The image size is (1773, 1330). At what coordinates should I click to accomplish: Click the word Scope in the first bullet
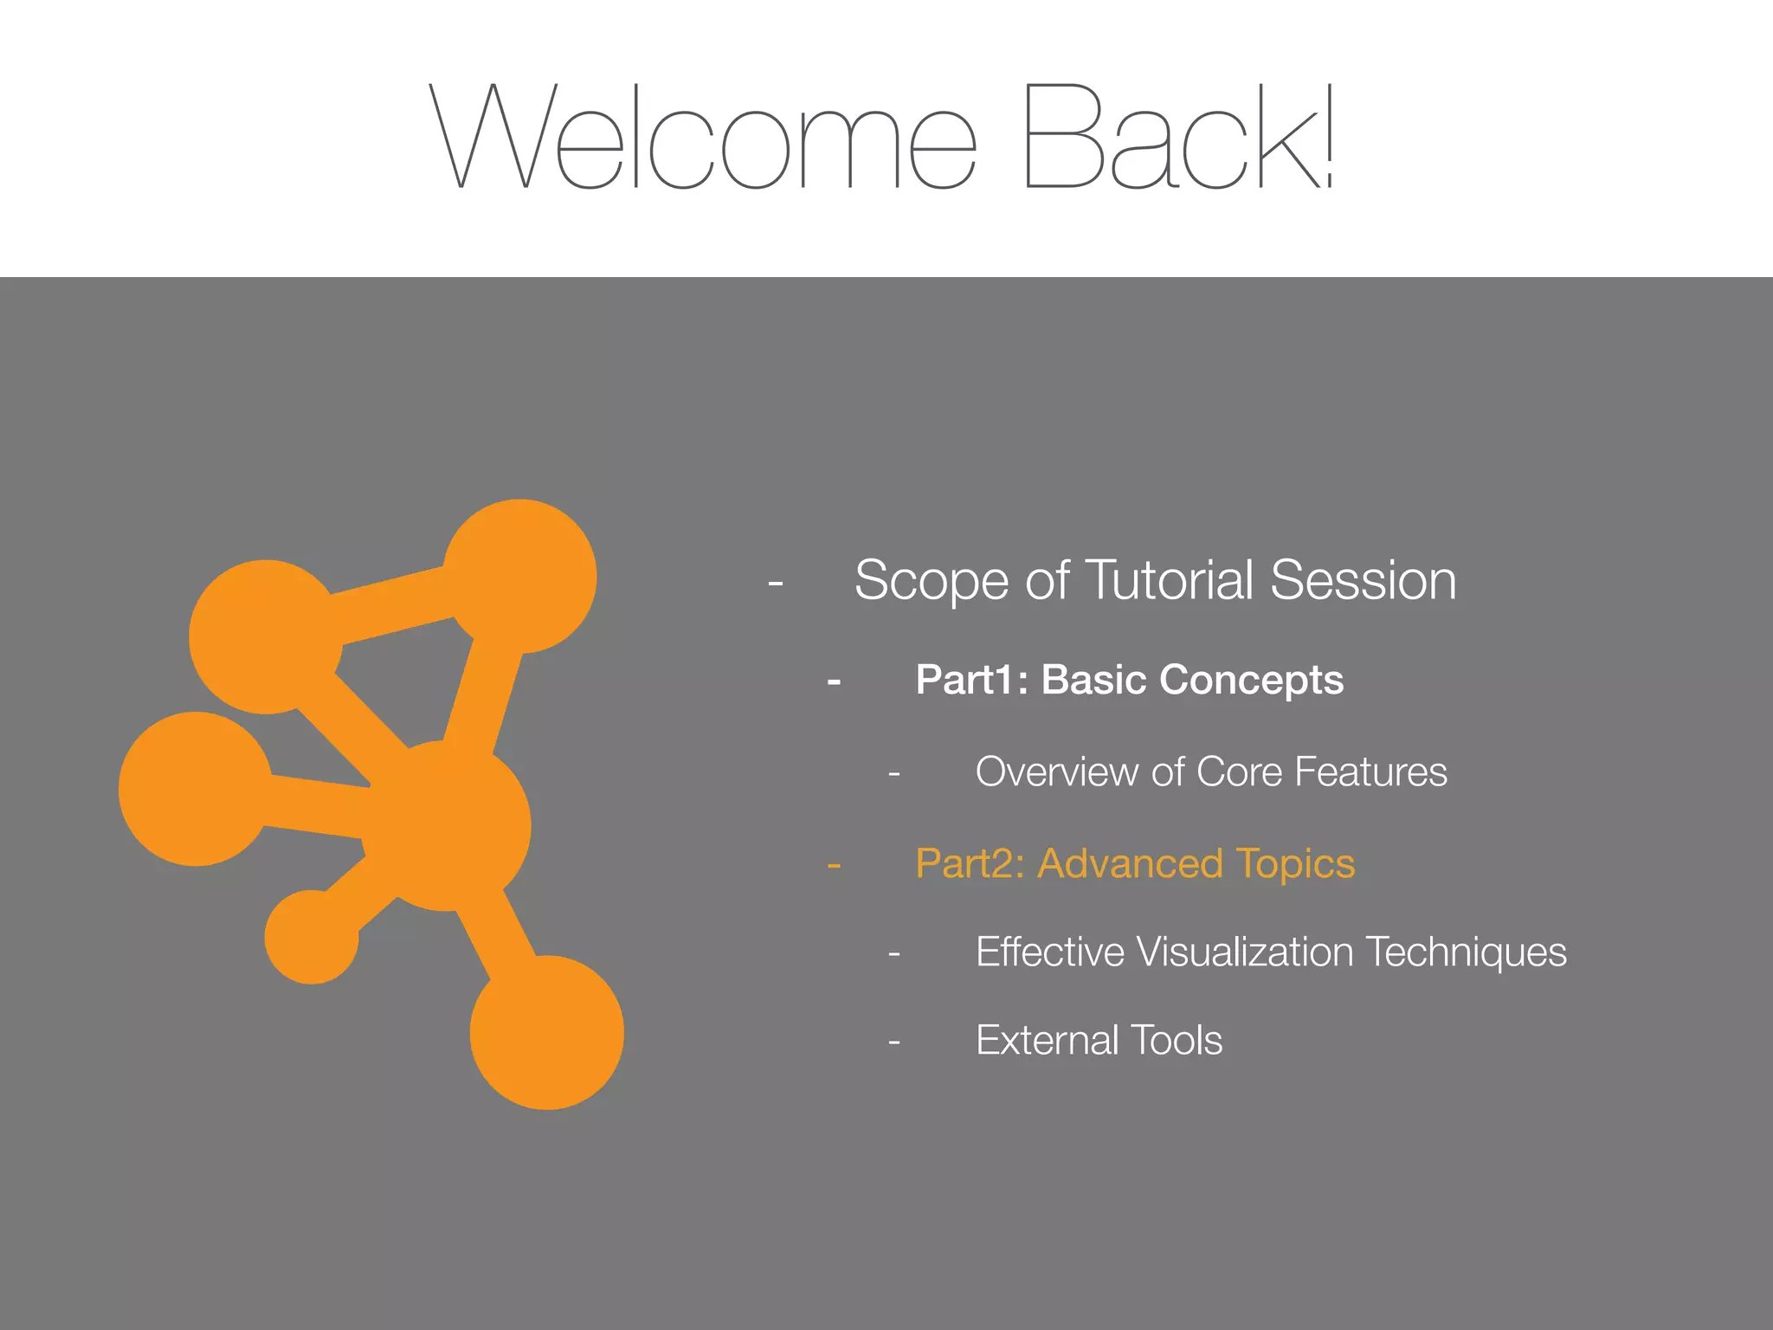pyautogui.click(x=932, y=581)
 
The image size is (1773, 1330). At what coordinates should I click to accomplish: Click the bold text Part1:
pyautogui.click(x=971, y=680)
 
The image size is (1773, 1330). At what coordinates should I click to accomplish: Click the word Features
pyautogui.click(x=1370, y=772)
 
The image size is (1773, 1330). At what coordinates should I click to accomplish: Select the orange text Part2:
pyautogui.click(x=970, y=864)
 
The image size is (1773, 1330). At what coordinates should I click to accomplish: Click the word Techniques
pyautogui.click(x=1467, y=953)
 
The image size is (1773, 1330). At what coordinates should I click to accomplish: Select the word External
pyautogui.click(x=1046, y=1040)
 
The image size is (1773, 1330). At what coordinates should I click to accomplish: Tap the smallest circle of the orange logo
pyautogui.click(x=312, y=937)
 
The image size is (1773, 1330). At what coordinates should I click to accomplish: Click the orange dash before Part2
pyautogui.click(x=834, y=865)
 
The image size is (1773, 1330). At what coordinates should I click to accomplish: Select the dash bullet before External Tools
pyautogui.click(x=894, y=1042)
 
